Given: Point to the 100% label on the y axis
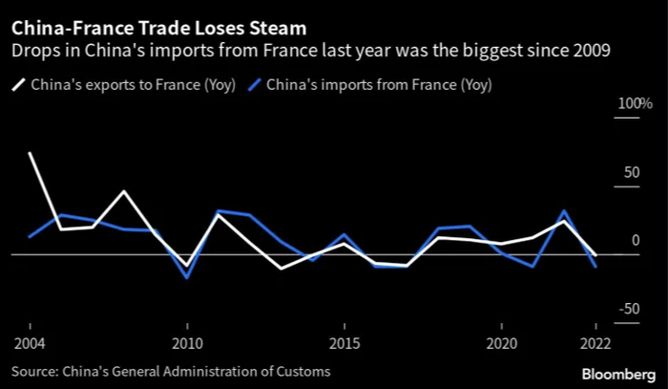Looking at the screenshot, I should click(609, 103).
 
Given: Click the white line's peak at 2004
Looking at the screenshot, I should click(30, 153).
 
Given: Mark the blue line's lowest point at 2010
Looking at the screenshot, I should click(187, 278).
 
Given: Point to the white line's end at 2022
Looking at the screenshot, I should click(596, 255).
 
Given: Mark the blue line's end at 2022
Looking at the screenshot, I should click(596, 267).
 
